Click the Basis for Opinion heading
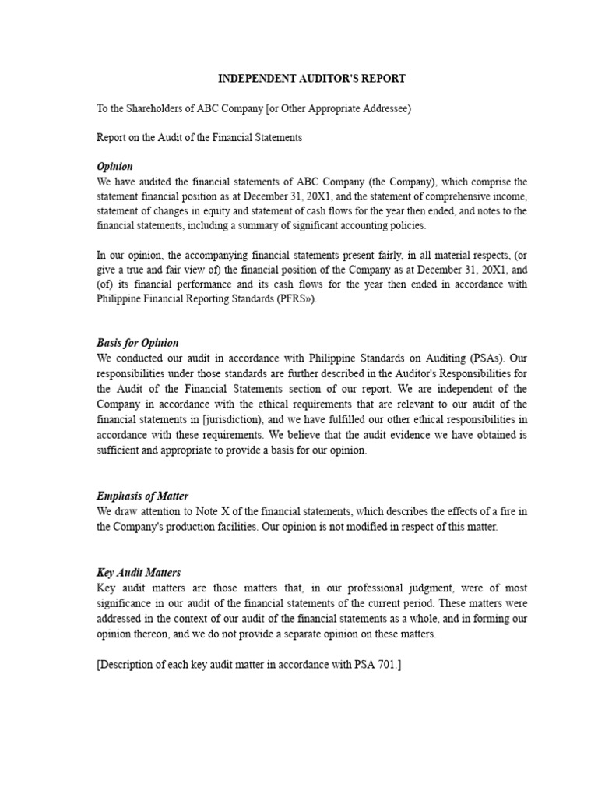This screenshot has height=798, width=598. (x=138, y=343)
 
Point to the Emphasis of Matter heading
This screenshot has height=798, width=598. (x=142, y=496)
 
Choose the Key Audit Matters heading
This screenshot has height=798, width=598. (x=139, y=573)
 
